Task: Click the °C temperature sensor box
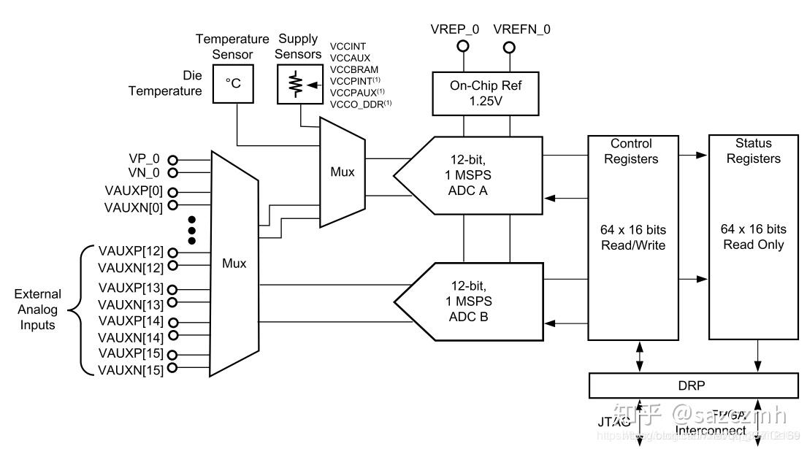[x=233, y=84]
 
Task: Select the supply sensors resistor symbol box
[x=299, y=85]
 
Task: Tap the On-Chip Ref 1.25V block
[x=486, y=93]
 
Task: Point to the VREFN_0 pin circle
[x=509, y=47]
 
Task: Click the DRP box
[x=693, y=386]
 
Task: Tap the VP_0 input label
[x=144, y=159]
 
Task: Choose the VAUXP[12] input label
[x=130, y=251]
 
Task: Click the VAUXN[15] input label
[x=130, y=369]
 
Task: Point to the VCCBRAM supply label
[x=353, y=70]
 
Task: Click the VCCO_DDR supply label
[x=359, y=104]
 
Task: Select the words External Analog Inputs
[x=38, y=310]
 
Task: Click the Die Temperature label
[x=165, y=83]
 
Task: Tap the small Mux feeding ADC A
[x=343, y=172]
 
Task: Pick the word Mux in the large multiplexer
[x=234, y=264]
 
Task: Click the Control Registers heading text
[x=631, y=151]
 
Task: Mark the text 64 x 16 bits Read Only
[x=753, y=237]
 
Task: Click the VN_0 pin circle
[x=173, y=173]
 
